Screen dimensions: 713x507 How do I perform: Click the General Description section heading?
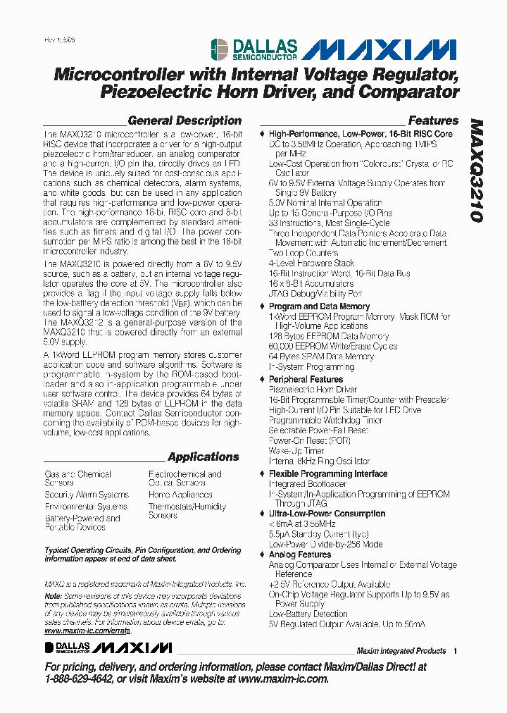click(184, 120)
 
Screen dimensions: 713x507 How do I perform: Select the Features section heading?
click(433, 120)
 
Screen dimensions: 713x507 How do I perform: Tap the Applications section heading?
click(204, 457)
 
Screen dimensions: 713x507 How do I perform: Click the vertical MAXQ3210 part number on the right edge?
click(477, 170)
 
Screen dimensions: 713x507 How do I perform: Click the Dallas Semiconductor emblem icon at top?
click(218, 49)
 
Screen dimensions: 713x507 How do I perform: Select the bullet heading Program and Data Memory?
click(319, 306)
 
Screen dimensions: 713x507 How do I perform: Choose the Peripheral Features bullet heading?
click(306, 379)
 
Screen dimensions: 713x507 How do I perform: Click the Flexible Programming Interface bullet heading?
click(328, 474)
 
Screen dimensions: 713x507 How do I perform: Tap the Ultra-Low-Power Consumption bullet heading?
click(327, 514)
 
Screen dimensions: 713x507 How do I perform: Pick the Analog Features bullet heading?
click(300, 554)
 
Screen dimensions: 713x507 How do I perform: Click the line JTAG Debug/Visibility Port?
click(315, 293)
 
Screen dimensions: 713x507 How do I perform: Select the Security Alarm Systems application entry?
click(87, 495)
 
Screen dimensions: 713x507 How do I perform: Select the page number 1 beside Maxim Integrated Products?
click(456, 651)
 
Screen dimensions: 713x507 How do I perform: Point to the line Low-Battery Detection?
click(308, 614)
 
